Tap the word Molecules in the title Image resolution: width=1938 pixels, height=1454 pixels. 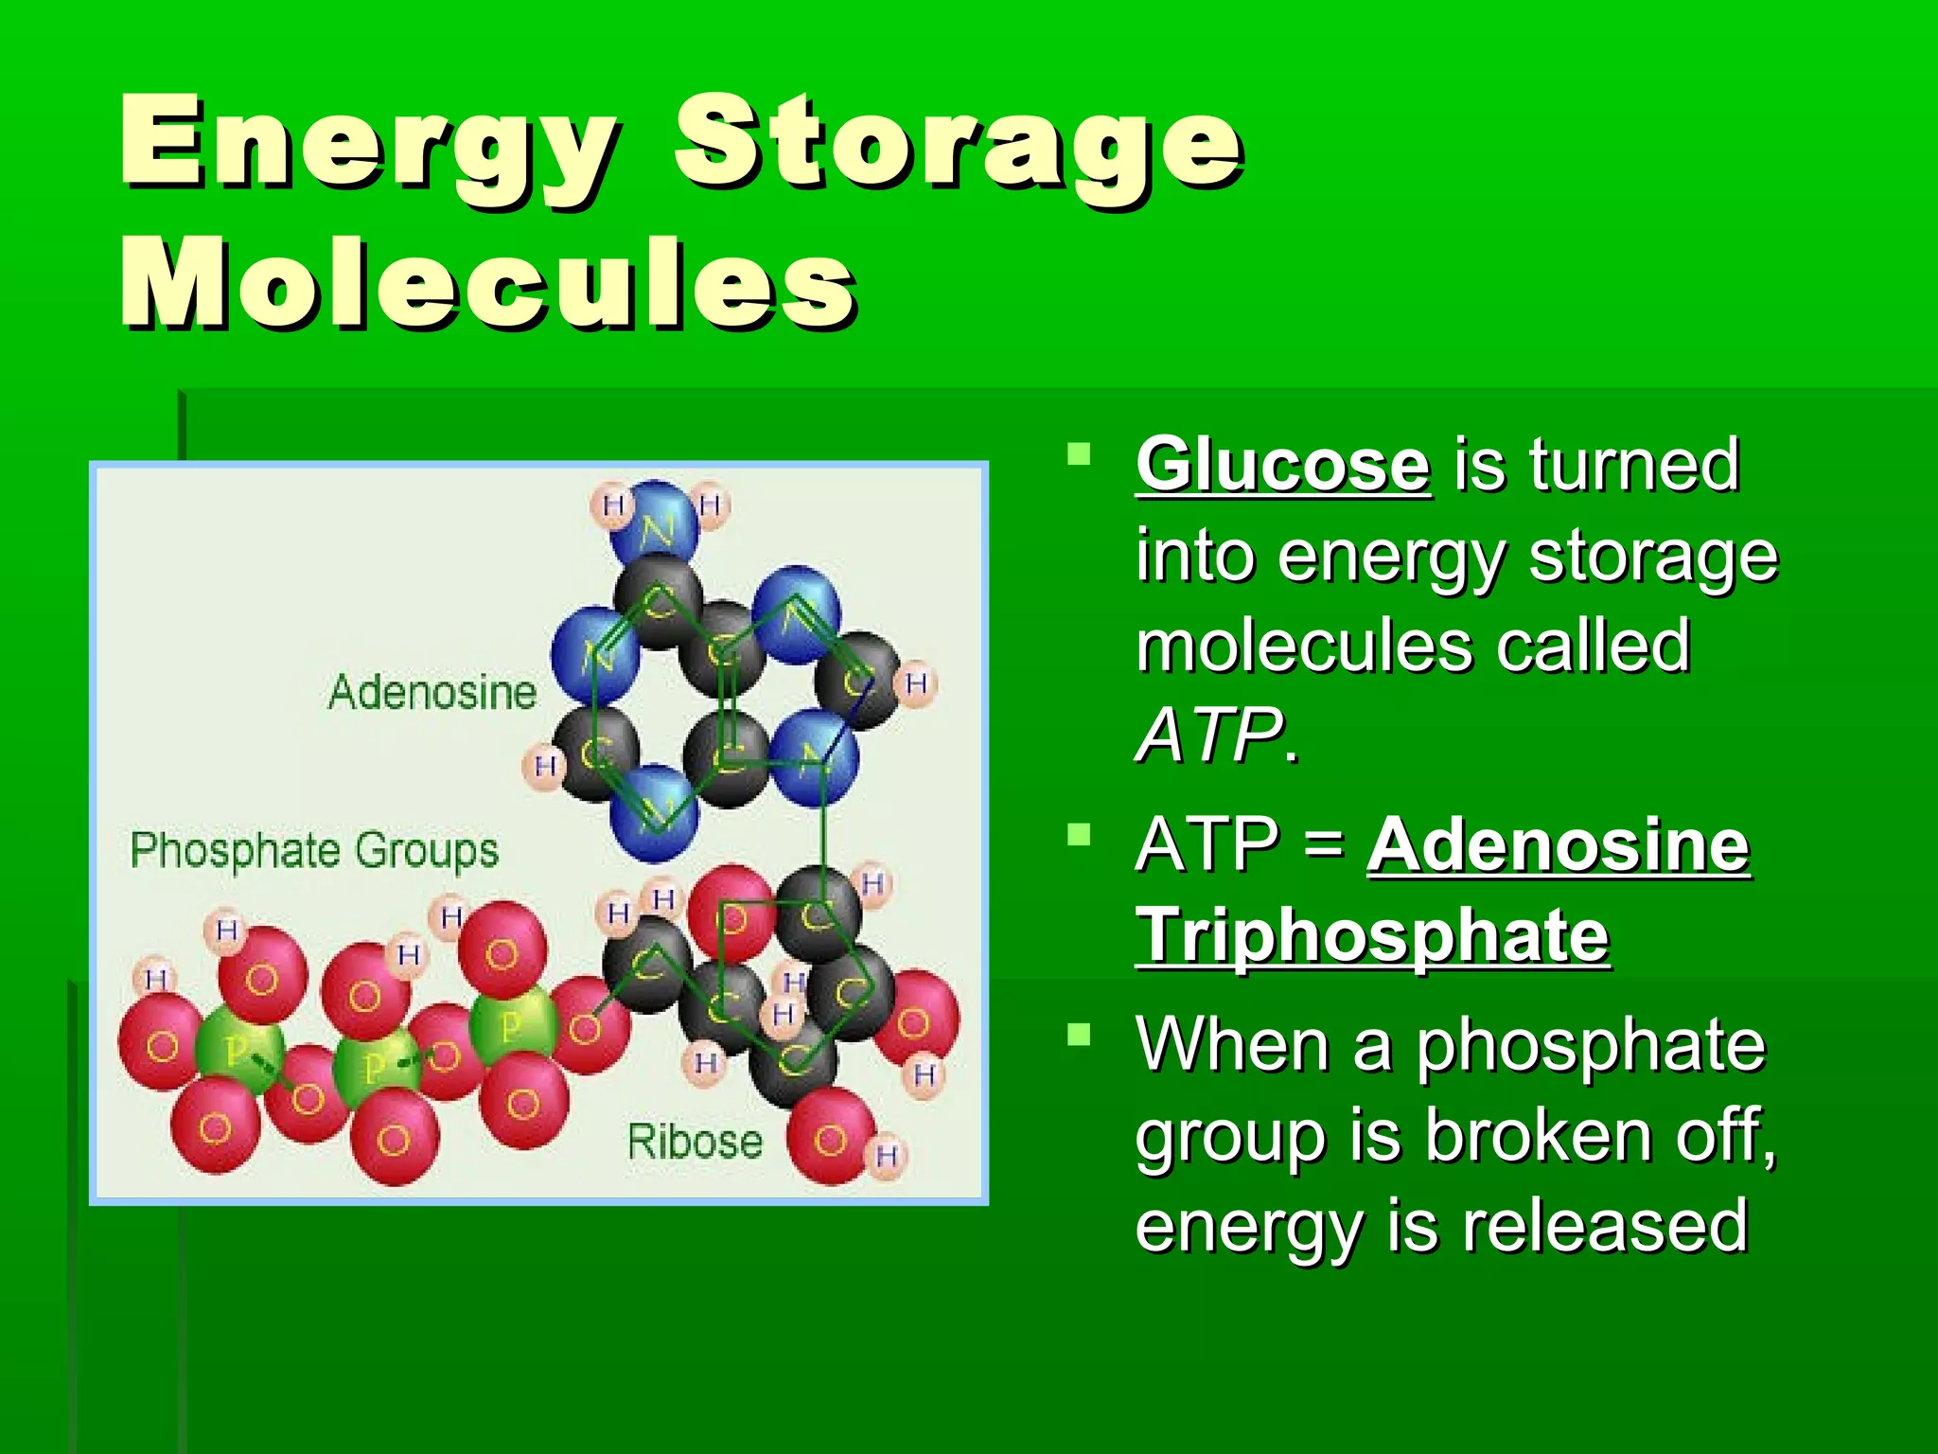click(x=487, y=284)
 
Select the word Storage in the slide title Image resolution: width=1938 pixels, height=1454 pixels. click(x=958, y=144)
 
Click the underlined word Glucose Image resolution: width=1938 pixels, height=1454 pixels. click(x=1282, y=466)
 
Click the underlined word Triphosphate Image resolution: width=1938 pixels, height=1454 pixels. click(x=1372, y=936)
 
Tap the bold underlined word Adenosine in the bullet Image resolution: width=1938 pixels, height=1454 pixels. click(x=1559, y=845)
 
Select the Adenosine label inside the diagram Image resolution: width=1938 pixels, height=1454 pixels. click(x=432, y=692)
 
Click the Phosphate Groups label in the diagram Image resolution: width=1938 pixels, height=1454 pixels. click(x=314, y=850)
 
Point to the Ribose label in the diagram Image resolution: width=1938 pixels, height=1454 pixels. click(x=695, y=1142)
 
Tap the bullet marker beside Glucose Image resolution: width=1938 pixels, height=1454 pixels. click(x=1078, y=455)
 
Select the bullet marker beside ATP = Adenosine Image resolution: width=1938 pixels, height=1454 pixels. click(x=1078, y=835)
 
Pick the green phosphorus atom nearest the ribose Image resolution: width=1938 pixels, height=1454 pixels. click(x=512, y=1025)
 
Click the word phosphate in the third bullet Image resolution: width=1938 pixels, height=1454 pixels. click(x=1591, y=1045)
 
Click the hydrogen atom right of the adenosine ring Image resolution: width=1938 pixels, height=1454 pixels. click(x=916, y=683)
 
